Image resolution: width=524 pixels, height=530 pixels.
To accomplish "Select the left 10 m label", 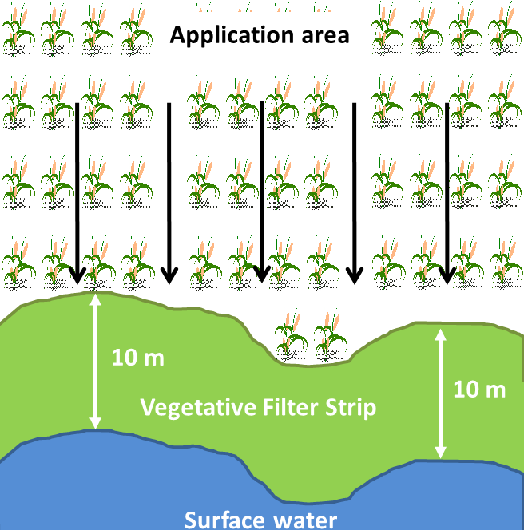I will point(138,357).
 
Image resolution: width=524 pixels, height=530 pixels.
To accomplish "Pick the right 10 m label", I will point(479,390).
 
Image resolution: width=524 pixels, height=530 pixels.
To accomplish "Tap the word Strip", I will point(352,408).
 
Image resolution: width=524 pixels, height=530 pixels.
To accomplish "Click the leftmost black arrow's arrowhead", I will point(77,275).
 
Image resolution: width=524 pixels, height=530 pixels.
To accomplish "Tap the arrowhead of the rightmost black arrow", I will point(447,275).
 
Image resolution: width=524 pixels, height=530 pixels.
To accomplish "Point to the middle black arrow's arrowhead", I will point(260,275).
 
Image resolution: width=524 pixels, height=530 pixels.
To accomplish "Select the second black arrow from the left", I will point(169,192).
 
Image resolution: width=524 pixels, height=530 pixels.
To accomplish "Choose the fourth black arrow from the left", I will point(354,192).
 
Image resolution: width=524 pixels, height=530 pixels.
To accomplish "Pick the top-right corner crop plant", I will point(506,28).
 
